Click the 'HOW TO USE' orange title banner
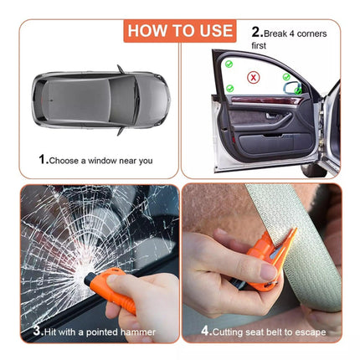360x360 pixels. (x=179, y=31)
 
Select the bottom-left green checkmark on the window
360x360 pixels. (x=229, y=88)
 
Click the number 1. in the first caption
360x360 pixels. (x=42, y=159)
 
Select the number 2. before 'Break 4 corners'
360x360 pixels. (x=258, y=33)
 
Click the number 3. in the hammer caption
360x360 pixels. (x=38, y=330)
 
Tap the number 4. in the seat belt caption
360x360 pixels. (x=205, y=330)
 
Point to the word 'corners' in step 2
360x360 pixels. (x=308, y=33)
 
